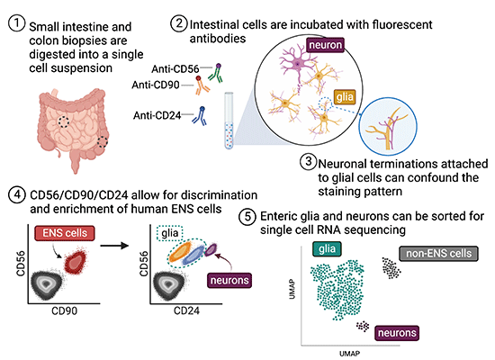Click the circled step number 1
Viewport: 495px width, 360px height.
pos(14,24)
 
